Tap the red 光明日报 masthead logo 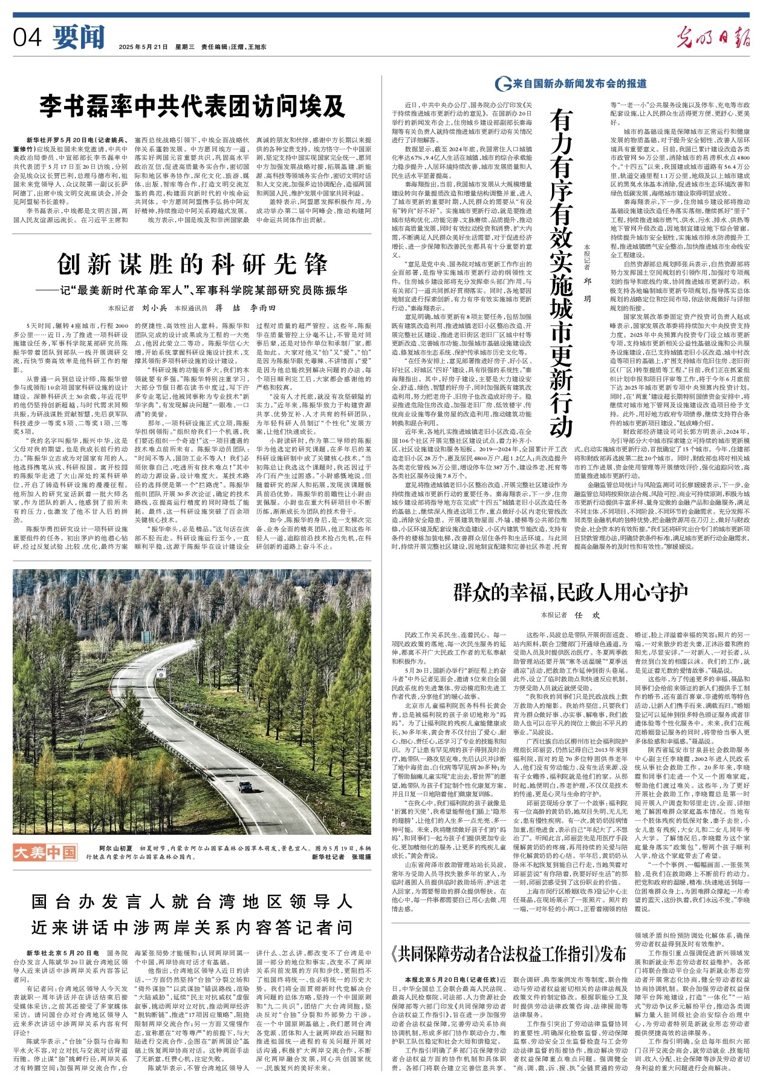tap(713, 38)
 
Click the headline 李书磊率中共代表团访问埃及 tap(192, 106)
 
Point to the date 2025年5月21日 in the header tap(143, 47)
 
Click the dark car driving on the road tap(245, 787)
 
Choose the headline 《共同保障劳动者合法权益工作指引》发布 tap(508, 955)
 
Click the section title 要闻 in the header tap(79, 38)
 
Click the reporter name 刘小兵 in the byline tap(154, 308)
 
